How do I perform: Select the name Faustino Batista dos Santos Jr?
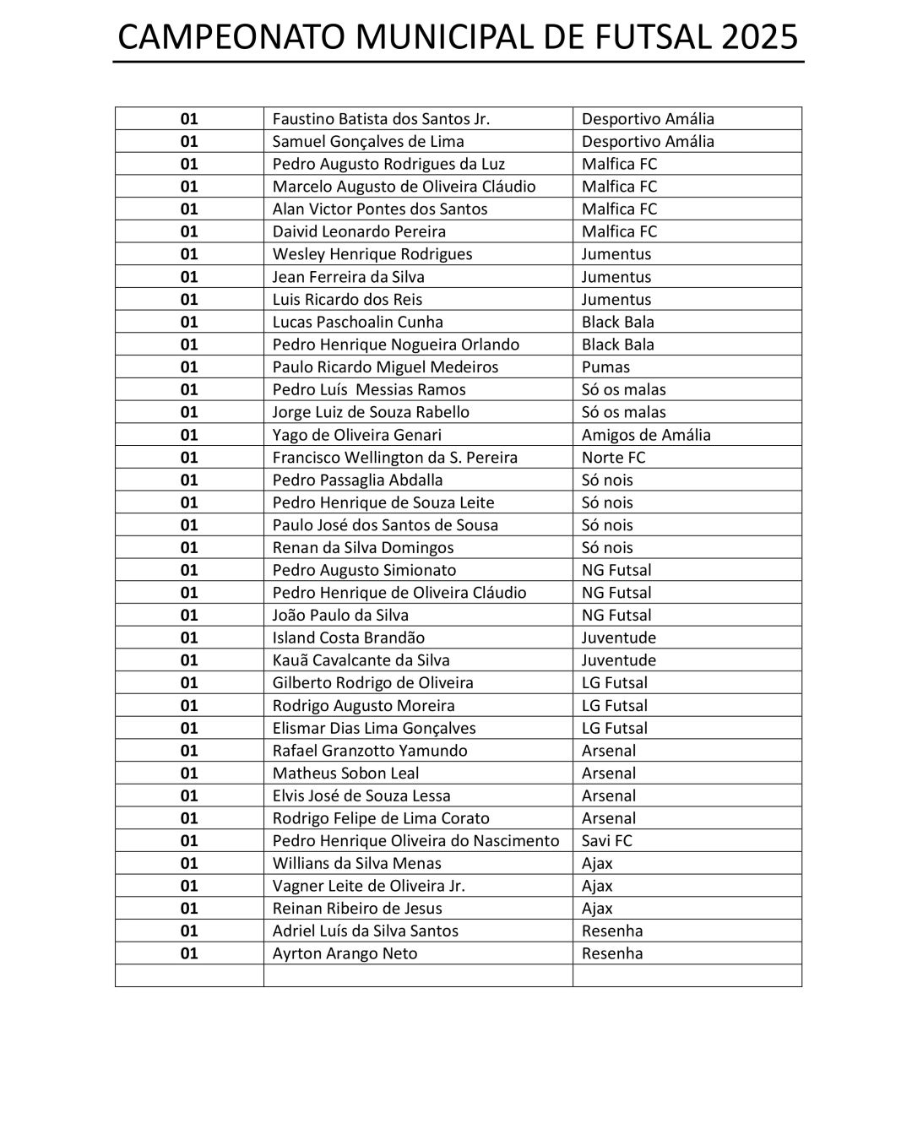381,119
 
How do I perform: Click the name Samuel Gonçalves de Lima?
368,141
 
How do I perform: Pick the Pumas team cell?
605,366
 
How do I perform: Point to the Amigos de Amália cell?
646,435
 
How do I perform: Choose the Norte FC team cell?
613,457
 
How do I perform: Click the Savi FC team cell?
606,840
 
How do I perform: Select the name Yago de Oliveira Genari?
356,435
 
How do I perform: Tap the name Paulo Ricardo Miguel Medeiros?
385,366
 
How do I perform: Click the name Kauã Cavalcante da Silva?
361,660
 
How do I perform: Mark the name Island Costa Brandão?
348,638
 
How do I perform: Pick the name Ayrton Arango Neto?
345,953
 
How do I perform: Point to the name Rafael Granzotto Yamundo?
369,751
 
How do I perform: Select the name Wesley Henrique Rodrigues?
372,254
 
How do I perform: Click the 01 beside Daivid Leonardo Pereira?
189,231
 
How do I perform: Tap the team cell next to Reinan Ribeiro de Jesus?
597,909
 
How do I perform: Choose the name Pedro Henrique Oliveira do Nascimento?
415,840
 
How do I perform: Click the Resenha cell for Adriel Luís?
612,931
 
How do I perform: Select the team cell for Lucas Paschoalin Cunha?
617,322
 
